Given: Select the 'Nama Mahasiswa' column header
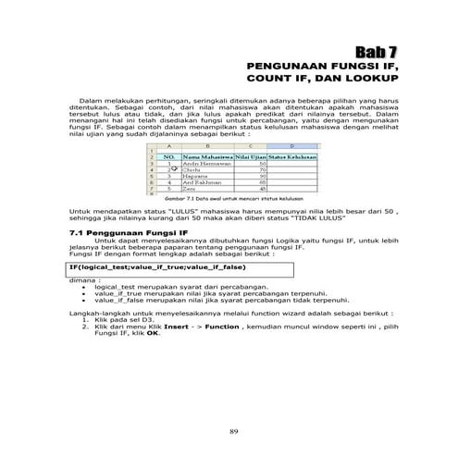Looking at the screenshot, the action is tap(206, 158).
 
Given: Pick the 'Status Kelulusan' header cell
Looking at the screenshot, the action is tap(289, 158).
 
